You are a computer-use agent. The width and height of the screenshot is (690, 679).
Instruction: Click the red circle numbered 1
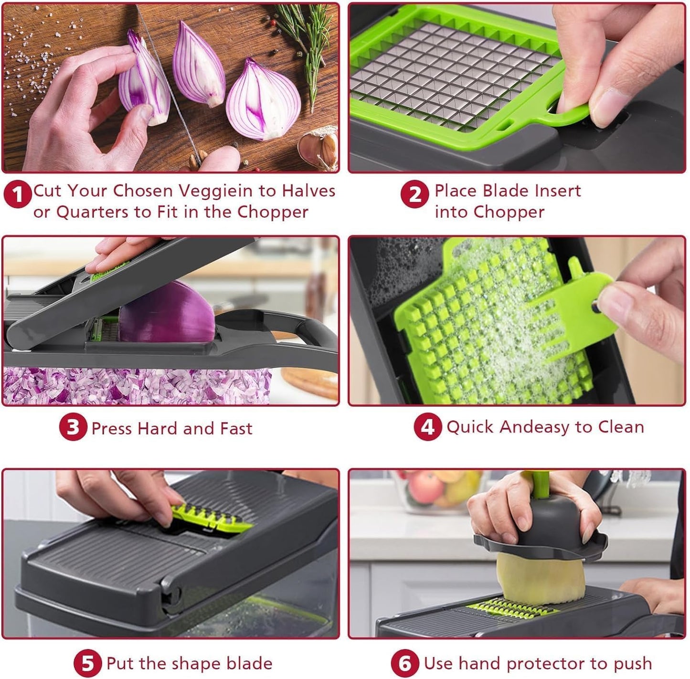coord(18,194)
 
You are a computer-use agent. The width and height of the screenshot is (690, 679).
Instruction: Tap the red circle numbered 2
coord(414,194)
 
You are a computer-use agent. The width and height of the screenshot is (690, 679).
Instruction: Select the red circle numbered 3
coord(73,427)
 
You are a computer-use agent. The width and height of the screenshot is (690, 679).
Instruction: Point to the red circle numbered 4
coord(427,426)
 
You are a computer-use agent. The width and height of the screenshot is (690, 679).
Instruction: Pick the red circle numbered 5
coord(87,663)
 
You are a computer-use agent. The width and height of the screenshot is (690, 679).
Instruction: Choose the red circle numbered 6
coord(404,663)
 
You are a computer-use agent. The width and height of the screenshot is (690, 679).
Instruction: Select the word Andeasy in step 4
coord(534,427)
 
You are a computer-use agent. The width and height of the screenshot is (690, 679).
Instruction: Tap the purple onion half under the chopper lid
coord(167,313)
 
